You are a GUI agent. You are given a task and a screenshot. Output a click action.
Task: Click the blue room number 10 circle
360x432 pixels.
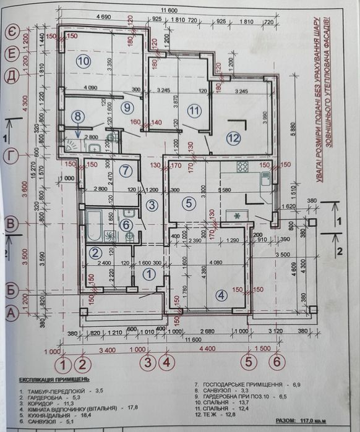click(x=84, y=61)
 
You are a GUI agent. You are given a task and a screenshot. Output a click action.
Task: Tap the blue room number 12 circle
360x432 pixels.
click(x=233, y=138)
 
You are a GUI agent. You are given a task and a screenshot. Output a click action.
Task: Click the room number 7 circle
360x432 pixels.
click(x=126, y=171)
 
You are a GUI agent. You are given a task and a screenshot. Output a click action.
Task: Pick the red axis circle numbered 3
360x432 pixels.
click(x=148, y=362)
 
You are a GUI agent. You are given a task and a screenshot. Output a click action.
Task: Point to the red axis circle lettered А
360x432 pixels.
click(x=11, y=314)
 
